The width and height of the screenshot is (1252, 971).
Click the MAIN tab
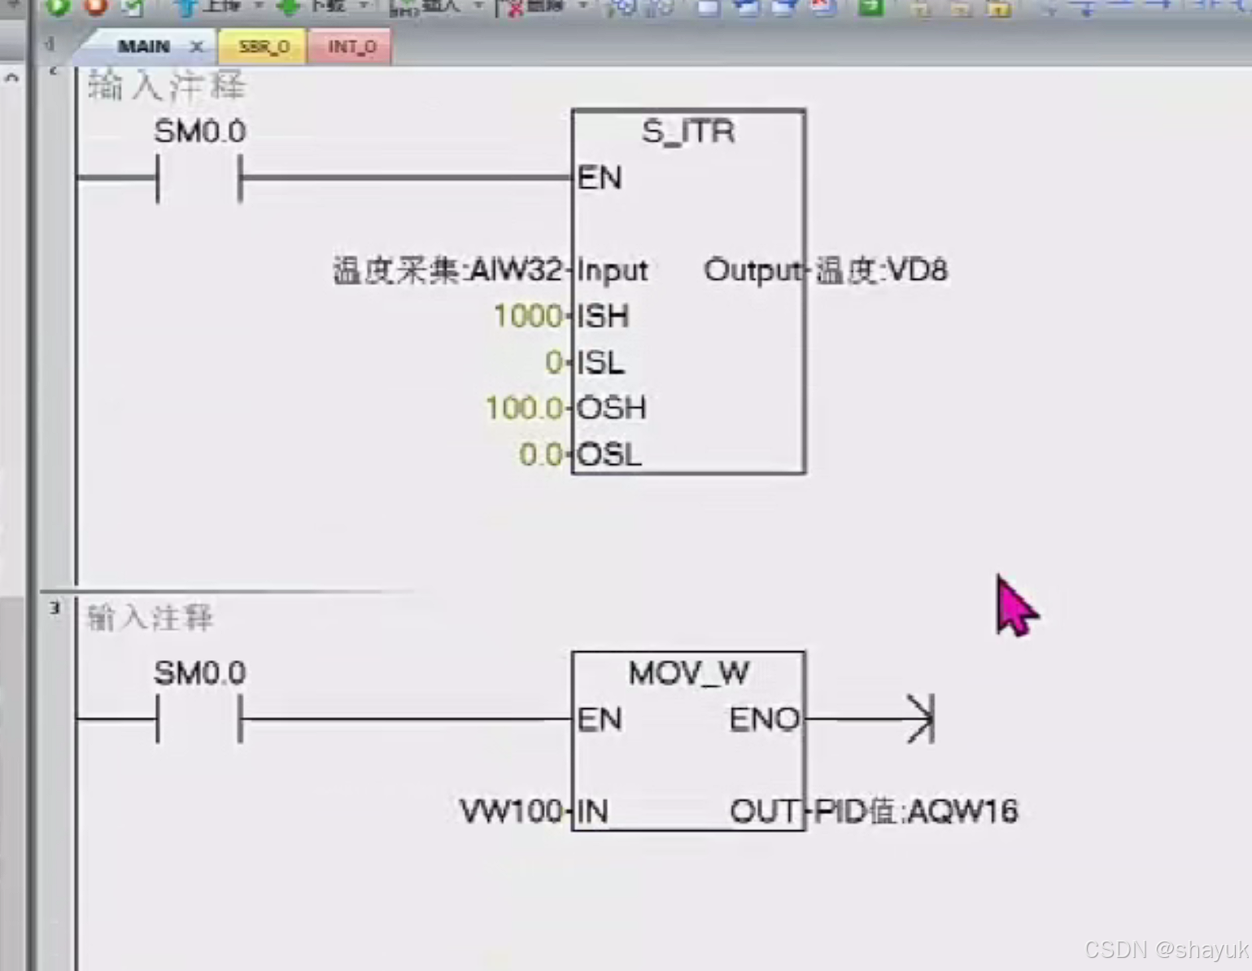144,46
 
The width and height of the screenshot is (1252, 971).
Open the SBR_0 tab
264,47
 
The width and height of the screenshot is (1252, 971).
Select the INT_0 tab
351,47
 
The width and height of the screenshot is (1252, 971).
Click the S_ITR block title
688,132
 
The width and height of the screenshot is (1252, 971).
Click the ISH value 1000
527,316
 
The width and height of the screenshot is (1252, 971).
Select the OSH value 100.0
523,408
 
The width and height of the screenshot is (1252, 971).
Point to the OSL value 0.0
540,454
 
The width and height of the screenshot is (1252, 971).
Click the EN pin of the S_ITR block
600,177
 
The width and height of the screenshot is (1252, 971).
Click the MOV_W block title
688,673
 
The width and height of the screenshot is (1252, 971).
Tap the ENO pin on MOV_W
764,720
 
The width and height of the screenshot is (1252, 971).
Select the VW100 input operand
510,811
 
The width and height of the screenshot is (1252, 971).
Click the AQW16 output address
962,811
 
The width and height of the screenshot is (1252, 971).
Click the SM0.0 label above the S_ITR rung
199,132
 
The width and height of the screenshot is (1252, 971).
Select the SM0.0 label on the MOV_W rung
199,673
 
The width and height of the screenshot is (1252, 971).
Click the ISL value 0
553,362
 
